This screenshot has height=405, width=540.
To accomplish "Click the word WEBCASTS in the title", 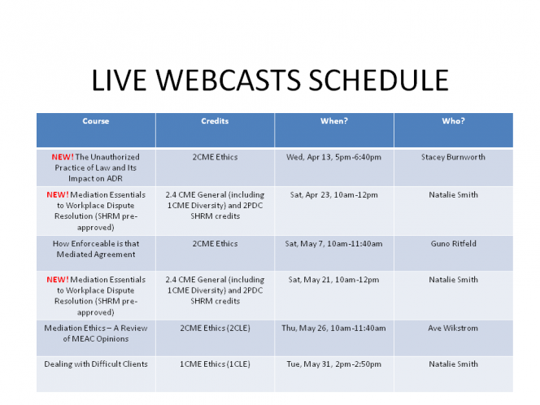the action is click(229, 81).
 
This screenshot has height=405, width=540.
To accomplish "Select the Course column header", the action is click(96, 121).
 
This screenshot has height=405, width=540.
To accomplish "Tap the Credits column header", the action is click(215, 121).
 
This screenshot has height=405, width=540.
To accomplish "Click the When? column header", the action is click(334, 121).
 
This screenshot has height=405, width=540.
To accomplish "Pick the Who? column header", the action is click(453, 121).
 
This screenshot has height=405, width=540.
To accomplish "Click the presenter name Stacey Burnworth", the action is click(453, 157).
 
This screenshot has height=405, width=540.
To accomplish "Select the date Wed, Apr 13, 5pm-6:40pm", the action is click(333, 157).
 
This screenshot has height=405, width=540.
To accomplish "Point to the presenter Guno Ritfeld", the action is click(453, 243).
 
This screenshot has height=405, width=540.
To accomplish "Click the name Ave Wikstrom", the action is click(453, 328).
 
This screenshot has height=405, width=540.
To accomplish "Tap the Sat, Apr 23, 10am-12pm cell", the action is click(333, 195).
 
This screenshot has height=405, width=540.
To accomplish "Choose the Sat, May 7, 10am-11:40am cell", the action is click(333, 244).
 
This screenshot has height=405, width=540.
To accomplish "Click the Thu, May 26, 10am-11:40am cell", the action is click(333, 329).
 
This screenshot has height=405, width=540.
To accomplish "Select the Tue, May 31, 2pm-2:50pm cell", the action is click(333, 364).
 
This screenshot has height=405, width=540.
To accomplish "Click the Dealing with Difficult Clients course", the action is click(96, 364).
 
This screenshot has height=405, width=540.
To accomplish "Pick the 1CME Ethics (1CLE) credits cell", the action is click(215, 364).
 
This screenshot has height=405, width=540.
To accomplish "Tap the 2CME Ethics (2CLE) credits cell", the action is click(215, 329).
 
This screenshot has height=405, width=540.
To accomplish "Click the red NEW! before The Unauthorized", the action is click(63, 157).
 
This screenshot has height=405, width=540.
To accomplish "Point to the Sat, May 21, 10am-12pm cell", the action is click(333, 280).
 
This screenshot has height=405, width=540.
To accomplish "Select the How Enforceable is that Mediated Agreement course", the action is click(96, 249).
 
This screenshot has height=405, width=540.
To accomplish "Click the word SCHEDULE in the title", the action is click(378, 81).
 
